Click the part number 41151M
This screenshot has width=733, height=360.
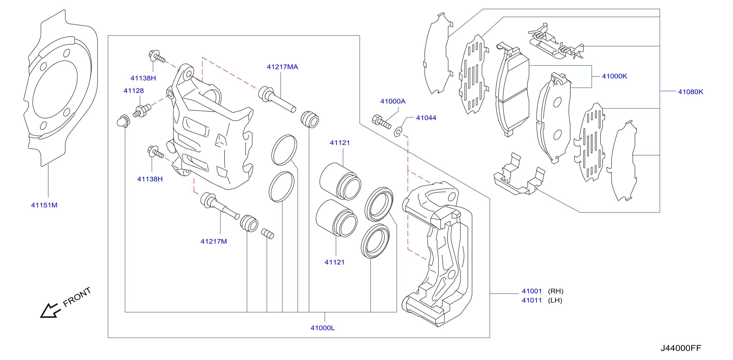pos(44,205)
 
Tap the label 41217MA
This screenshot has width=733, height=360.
pos(282,67)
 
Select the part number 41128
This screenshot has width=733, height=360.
pos(133,91)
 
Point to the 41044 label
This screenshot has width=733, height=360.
pos(426,118)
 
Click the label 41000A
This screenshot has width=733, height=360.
pos(393,101)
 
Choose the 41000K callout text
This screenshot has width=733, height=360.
pos(614,76)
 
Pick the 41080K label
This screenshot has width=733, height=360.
pos(690,92)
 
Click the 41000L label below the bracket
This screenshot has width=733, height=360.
pos(322,328)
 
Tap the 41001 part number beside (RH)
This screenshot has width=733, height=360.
pos(532,291)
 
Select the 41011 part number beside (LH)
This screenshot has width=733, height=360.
pos(532,300)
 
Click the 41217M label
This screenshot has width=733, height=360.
pos(214,241)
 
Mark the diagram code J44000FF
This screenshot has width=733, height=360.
pos(681,348)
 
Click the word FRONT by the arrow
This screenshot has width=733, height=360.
pos(77,297)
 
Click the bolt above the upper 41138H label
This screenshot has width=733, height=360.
pos(157,56)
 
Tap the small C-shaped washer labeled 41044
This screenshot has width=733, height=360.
pos(398,132)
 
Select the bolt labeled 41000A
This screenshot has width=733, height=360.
pos(381,122)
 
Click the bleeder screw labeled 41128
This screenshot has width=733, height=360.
pos(142,111)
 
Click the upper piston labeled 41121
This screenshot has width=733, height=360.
pos(340,181)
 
